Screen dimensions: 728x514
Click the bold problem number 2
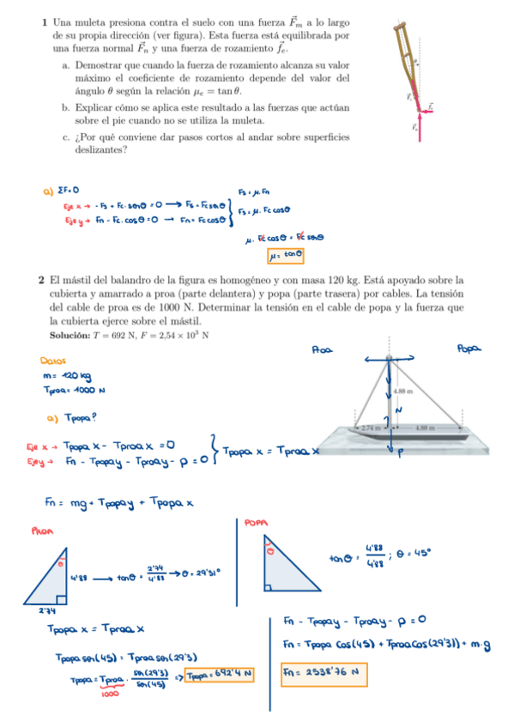pyautogui.click(x=41, y=280)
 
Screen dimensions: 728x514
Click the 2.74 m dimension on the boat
pyautogui.click(x=371, y=427)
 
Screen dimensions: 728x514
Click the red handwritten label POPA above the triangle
pyautogui.click(x=257, y=521)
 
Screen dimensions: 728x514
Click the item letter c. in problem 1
pyautogui.click(x=66, y=137)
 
